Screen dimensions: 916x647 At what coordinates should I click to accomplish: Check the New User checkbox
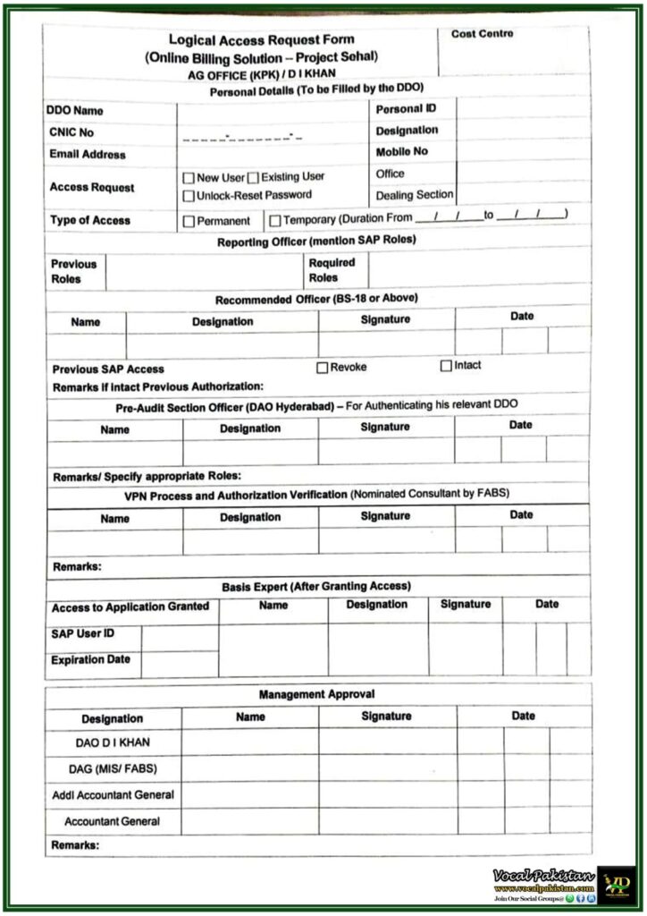[x=189, y=178]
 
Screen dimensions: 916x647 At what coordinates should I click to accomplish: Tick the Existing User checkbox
[x=253, y=178]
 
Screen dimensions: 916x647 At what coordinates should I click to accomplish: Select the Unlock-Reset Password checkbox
[x=189, y=195]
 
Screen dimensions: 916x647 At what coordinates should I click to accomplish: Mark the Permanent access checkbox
[x=189, y=220]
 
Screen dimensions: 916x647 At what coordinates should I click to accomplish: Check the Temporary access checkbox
[x=275, y=220]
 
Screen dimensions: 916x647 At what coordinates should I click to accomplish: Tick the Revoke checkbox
[x=323, y=367]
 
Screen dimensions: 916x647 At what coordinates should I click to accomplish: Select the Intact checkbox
[x=446, y=366]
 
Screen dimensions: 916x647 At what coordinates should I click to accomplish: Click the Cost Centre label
[x=482, y=34]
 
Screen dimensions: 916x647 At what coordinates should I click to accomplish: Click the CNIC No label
[x=72, y=132]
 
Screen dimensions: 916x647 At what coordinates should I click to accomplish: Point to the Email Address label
[x=88, y=155]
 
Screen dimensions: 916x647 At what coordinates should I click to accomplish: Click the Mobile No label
[x=401, y=152]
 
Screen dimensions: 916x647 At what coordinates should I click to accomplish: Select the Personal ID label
[x=406, y=109]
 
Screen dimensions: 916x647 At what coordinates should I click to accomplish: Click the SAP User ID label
[x=83, y=634]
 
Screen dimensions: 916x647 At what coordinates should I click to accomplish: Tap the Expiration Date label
[x=90, y=660]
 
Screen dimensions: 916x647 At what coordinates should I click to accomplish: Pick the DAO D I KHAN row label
[x=112, y=742]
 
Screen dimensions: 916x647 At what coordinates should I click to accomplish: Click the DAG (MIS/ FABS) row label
[x=112, y=768]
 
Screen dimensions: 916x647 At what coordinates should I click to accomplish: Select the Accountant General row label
[x=112, y=821]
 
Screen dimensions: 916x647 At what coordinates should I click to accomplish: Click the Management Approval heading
[x=316, y=694]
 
